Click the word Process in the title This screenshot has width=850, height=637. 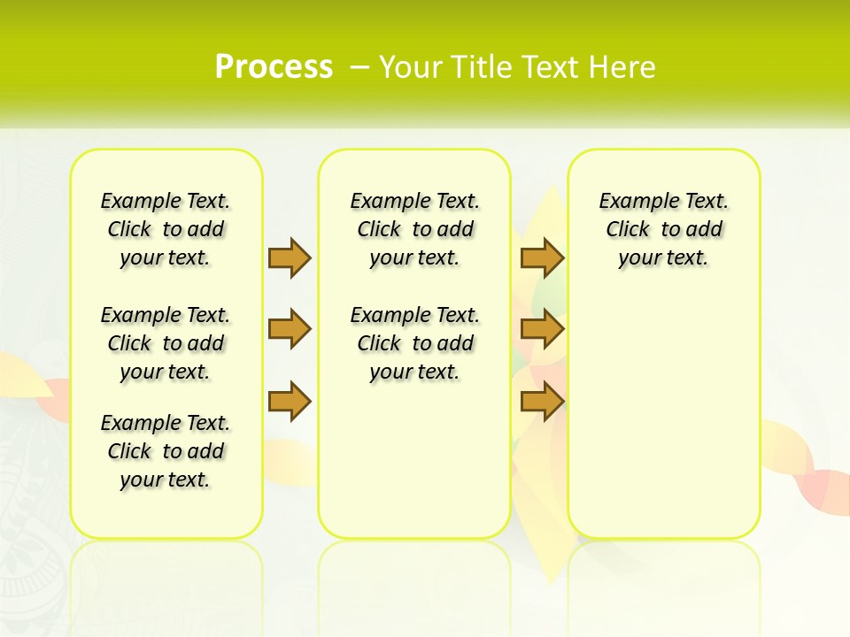coord(274,67)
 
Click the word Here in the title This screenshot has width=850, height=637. coord(624,67)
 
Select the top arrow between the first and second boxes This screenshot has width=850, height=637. coord(290,257)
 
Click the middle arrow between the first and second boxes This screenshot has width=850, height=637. coord(290,330)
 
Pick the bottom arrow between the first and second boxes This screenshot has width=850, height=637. coord(290,402)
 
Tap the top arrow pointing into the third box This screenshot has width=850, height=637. coord(542,257)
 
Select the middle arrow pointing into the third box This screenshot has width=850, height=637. coord(542,330)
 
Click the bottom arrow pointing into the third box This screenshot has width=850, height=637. coord(542,402)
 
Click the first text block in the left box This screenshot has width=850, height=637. coord(166,229)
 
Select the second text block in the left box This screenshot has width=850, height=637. coord(166,343)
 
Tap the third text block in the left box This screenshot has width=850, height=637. coord(166,451)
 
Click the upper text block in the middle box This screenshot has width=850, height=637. coord(414,229)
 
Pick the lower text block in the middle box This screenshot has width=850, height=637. coord(414,343)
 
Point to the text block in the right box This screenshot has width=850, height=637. coord(663,229)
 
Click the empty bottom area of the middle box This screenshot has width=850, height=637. coord(414,469)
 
